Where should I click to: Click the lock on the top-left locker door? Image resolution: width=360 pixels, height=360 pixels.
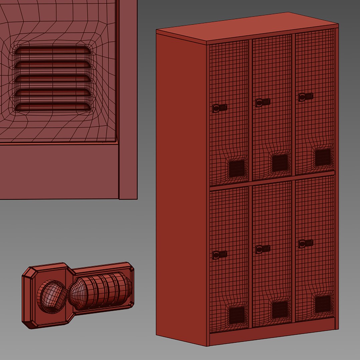220,108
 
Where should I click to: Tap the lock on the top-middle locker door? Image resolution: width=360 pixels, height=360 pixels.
263,102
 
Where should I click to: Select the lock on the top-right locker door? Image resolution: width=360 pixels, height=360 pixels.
306,97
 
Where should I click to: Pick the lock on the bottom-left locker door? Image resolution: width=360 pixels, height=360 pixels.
220,255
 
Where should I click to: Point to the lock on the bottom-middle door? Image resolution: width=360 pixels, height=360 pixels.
263,249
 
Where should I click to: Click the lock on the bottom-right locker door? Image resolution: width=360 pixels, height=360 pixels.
306,243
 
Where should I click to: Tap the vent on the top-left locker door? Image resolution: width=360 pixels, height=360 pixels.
237,169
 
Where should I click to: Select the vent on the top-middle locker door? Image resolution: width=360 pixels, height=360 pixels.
280,163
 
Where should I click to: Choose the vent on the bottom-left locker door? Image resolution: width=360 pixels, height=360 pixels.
237,315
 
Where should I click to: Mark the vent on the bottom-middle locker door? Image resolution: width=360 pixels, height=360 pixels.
280,310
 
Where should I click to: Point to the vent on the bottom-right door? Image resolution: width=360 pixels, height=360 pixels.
323,304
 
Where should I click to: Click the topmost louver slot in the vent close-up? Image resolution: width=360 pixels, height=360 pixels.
53,50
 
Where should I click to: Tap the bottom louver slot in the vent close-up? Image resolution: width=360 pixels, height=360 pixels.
53,107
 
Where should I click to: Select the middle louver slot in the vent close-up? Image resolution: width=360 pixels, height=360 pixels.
53,78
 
